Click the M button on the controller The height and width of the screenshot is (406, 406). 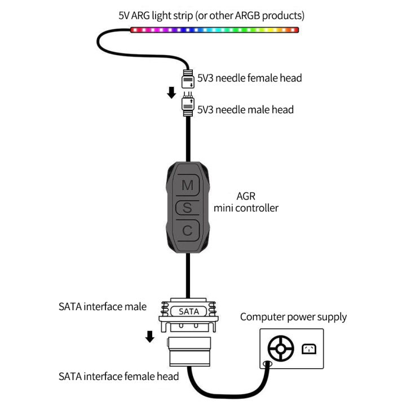click(188, 184)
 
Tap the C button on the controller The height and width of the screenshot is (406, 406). click(188, 230)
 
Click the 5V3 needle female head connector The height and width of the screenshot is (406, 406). click(187, 80)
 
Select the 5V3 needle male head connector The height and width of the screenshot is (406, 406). click(187, 105)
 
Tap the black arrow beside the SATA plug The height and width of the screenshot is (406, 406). click(149, 337)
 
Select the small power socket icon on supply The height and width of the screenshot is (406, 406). click(309, 349)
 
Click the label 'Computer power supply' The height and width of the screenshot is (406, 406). click(293, 317)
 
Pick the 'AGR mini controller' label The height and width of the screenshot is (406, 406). click(246, 202)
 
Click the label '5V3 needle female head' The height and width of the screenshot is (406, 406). click(249, 78)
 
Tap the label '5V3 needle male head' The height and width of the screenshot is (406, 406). click(245, 109)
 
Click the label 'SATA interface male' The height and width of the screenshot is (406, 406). click(103, 307)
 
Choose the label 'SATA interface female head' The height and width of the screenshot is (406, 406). click(118, 376)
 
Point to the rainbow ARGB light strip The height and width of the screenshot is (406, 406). click(214, 29)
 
